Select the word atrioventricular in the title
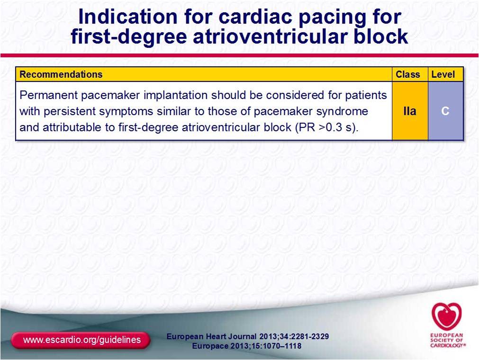[269, 36]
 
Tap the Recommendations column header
[61, 74]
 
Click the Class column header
[408, 74]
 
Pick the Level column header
[443, 74]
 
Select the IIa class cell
[410, 111]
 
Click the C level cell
[446, 111]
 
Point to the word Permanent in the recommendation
[48, 95]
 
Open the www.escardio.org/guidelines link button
[81, 340]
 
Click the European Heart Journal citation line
[248, 336]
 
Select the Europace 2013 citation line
[247, 346]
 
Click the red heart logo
[446, 316]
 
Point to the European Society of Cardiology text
[447, 340]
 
